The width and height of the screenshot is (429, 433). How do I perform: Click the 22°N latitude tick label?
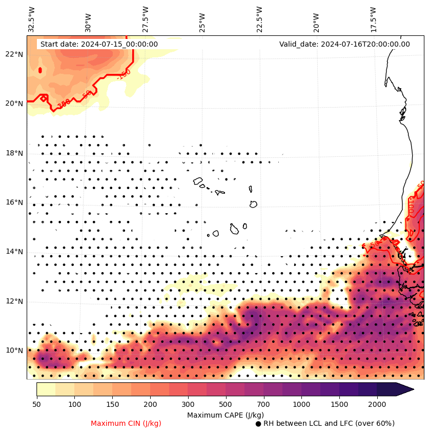click(x=14, y=54)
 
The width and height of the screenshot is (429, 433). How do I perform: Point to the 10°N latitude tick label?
click(x=14, y=350)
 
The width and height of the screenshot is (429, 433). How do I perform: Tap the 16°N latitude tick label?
click(x=14, y=202)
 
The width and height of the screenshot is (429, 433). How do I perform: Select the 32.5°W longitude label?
click(x=32, y=19)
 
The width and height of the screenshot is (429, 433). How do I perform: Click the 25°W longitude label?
click(x=202, y=22)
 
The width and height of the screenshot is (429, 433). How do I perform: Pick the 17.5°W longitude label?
click(x=373, y=19)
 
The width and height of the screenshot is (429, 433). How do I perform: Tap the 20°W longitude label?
click(x=316, y=22)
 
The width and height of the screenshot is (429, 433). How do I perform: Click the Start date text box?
click(x=99, y=44)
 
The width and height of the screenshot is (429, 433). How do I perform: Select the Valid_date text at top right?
click(x=344, y=44)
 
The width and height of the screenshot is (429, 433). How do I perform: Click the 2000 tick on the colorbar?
click(x=377, y=405)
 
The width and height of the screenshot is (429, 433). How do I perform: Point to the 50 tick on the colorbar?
click(x=36, y=405)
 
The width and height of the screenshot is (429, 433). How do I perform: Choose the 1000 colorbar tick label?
click(x=301, y=405)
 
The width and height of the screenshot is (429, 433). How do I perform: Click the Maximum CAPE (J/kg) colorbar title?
click(x=225, y=415)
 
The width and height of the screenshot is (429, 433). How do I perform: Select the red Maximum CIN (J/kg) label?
click(x=126, y=423)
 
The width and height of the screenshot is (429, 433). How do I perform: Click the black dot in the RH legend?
click(x=258, y=424)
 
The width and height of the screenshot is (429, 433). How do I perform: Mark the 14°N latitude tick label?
click(x=14, y=252)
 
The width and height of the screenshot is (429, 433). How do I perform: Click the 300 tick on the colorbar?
click(x=188, y=405)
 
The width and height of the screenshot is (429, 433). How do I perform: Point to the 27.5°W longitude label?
click(x=145, y=19)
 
